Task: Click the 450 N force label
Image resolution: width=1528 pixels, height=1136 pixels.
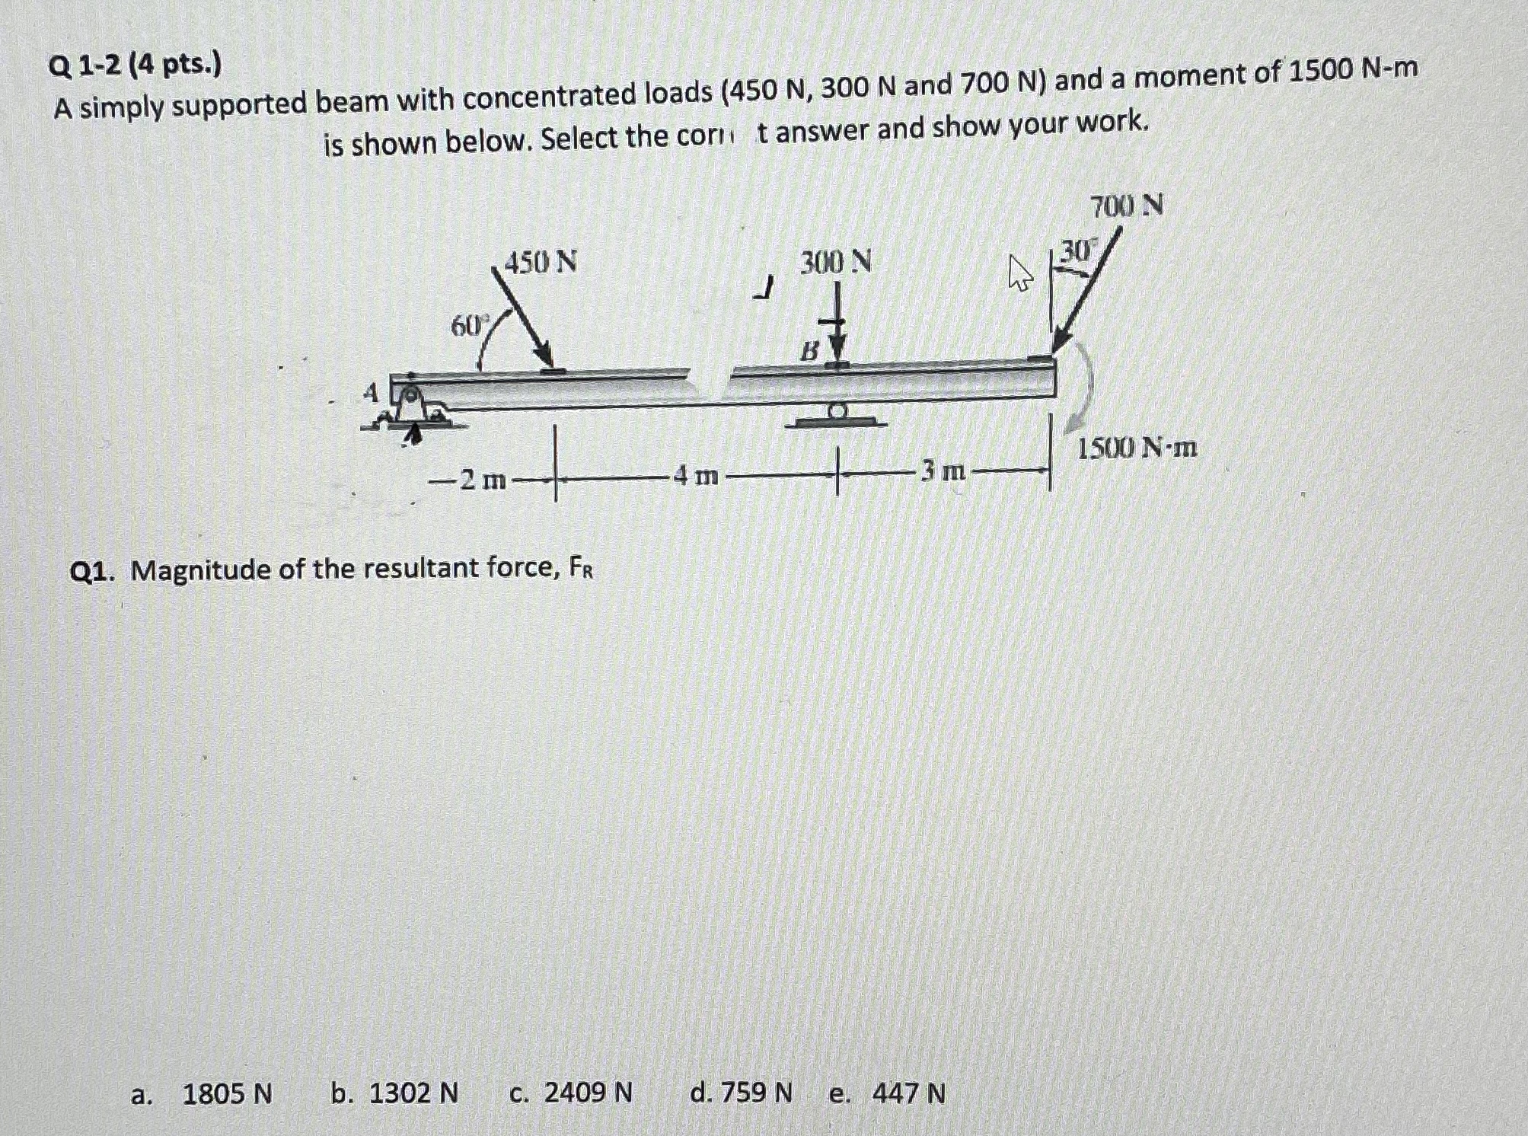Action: pyautogui.click(x=541, y=263)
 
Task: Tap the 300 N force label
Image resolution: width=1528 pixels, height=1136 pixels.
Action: pyautogui.click(x=835, y=263)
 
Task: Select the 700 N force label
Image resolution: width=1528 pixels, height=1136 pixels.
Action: pyautogui.click(x=1126, y=206)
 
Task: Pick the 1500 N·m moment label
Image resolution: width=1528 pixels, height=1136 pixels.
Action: pyautogui.click(x=1137, y=448)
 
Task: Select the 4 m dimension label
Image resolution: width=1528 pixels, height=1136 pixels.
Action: pyautogui.click(x=697, y=477)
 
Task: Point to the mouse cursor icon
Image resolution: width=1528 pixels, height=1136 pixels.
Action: pyautogui.click(x=1019, y=274)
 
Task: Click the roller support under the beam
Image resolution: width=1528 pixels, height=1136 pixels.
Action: pyautogui.click(x=837, y=415)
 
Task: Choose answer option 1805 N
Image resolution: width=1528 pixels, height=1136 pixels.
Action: pyautogui.click(x=226, y=1094)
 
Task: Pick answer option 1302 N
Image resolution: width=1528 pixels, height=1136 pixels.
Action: pyautogui.click(x=413, y=1094)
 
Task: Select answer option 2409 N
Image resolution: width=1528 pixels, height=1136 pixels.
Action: pyautogui.click(x=588, y=1093)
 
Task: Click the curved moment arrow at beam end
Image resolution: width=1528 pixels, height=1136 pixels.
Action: pyautogui.click(x=1086, y=388)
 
